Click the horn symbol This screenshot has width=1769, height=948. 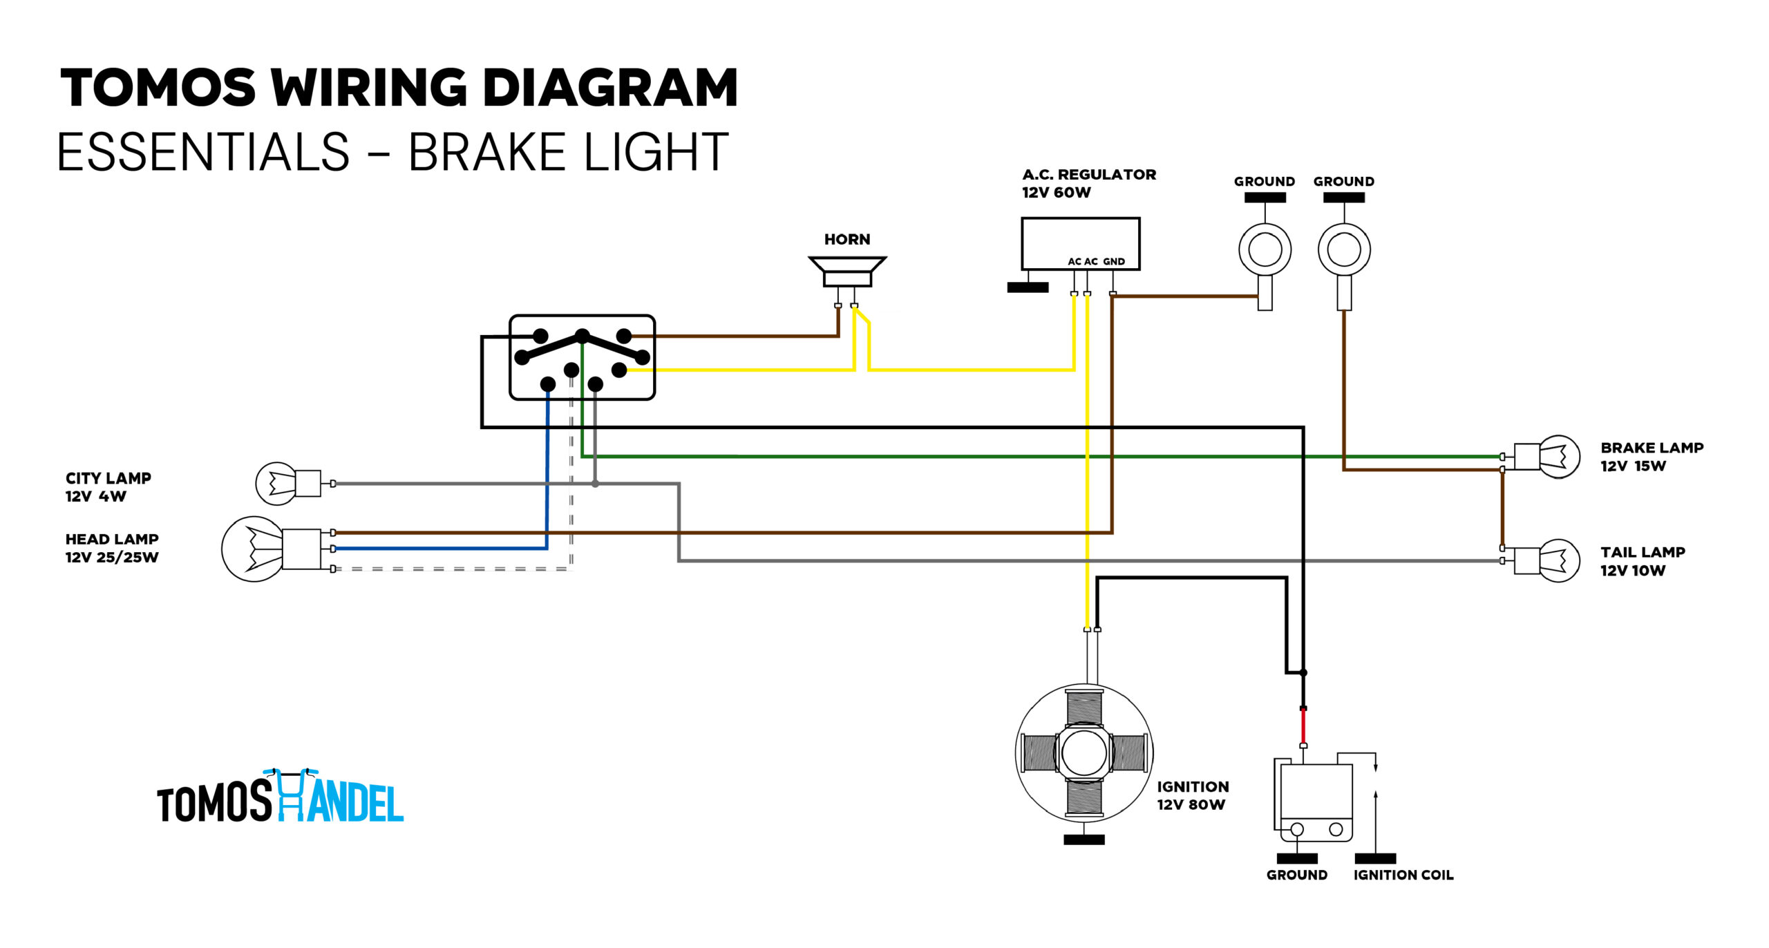click(847, 272)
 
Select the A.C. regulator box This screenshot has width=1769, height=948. click(1080, 244)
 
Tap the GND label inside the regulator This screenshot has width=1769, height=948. click(1113, 261)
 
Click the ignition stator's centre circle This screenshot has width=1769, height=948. click(1084, 753)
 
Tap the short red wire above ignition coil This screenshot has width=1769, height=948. click(1303, 727)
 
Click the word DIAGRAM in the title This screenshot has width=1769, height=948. click(610, 88)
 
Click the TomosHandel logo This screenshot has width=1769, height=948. click(280, 796)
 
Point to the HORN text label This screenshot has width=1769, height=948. click(847, 239)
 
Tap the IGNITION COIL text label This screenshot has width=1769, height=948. click(1403, 875)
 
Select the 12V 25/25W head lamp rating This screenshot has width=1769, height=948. click(112, 557)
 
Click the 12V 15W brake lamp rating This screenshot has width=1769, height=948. click(1633, 466)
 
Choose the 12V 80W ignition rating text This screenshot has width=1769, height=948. click(1191, 804)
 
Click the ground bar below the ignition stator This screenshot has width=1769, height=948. click(1084, 840)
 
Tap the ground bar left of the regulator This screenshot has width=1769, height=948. click(1028, 287)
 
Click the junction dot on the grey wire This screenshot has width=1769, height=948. click(595, 484)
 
